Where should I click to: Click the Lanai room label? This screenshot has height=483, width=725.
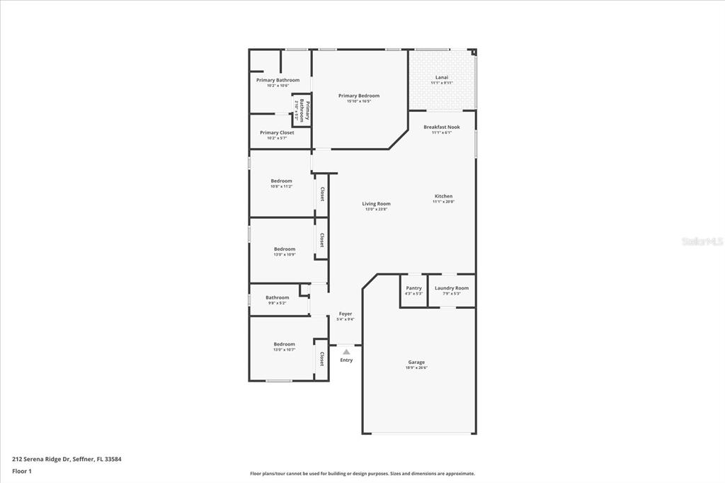click(441, 77)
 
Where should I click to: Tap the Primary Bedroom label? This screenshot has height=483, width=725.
click(358, 96)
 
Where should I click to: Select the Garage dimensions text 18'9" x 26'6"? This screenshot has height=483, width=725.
click(416, 368)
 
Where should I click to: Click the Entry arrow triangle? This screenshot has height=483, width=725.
click(346, 351)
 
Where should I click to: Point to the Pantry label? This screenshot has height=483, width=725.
click(413, 288)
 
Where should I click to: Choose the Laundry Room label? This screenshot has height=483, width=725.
click(451, 288)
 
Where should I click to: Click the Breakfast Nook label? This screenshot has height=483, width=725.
click(441, 127)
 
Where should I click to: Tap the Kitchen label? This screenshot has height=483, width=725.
click(443, 196)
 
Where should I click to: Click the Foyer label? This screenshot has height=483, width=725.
click(345, 314)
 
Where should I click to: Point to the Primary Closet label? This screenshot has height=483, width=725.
click(277, 132)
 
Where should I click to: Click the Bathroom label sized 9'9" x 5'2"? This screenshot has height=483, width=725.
click(277, 297)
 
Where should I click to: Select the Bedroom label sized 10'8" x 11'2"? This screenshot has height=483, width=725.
click(281, 181)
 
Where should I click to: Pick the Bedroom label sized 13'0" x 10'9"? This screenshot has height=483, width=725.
click(285, 249)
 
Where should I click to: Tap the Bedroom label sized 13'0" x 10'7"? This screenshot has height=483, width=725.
click(285, 344)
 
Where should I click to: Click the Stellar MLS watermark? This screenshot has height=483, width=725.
click(702, 241)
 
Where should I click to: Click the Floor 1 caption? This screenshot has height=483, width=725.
click(22, 471)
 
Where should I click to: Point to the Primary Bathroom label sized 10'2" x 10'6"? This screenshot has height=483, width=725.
click(278, 80)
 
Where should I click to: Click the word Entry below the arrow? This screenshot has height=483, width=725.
click(346, 360)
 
